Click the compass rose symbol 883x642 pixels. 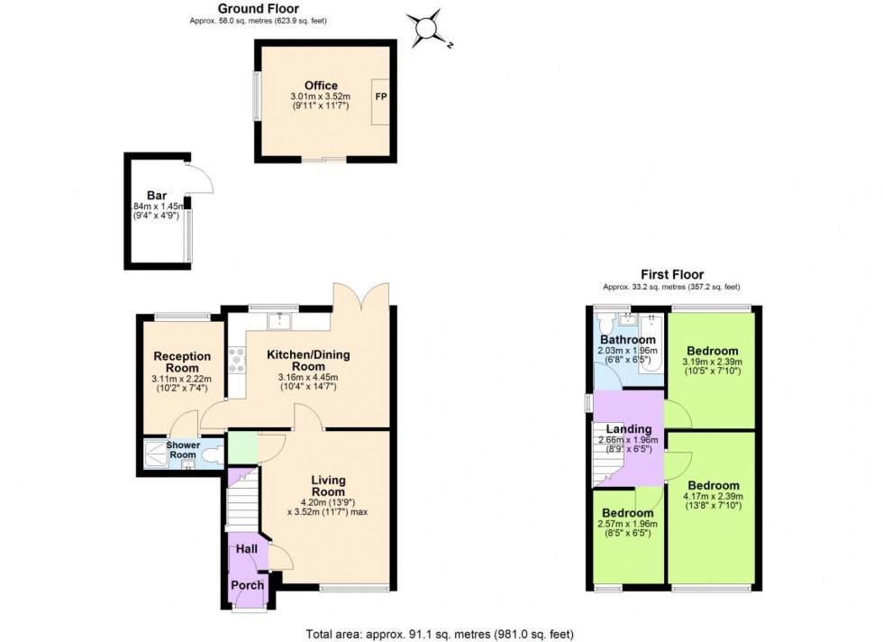pos(427,28)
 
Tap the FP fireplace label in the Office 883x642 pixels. pos(381,96)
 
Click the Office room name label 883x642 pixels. pos(321,86)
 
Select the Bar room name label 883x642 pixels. pos(157,196)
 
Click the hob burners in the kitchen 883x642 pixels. pos(236,361)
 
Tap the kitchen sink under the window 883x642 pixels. pos(279,321)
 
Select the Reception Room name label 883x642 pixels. pos(182,362)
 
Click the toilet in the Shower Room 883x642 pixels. pos(212,454)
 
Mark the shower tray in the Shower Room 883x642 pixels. pos(155,454)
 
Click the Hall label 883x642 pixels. pos(247,549)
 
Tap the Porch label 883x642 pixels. pos(247,585)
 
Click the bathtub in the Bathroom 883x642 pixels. pos(651,345)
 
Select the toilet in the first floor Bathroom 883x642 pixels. pos(605,324)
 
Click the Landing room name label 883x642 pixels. pos(629,429)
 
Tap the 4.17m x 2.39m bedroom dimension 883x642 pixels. pos(713,497)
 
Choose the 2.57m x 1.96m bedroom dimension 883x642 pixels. pos(628,524)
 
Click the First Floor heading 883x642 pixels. pos(672,274)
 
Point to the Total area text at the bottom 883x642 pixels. pos(440,634)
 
